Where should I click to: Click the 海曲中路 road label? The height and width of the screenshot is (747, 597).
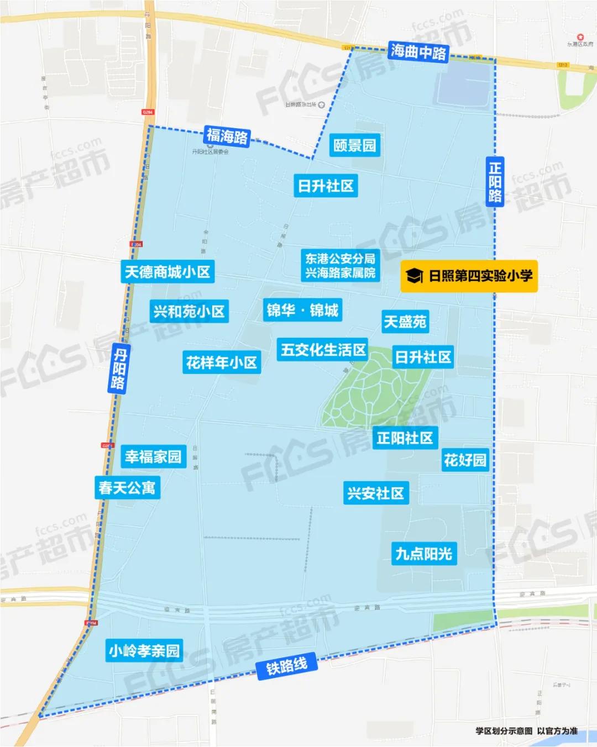418,52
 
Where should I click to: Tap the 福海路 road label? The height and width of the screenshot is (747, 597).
227,135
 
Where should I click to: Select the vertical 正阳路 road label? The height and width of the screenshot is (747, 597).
495,182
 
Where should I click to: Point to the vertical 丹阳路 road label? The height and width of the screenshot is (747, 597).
118,369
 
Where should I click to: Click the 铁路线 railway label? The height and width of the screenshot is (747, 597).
286,666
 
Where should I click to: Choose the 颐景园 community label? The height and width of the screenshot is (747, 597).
355,145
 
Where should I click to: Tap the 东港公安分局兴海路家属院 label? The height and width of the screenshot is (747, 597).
340,266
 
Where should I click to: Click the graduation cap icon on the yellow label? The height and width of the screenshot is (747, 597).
414,276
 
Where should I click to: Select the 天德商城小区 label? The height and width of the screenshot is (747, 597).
167,272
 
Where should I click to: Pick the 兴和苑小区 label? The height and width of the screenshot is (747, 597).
189,312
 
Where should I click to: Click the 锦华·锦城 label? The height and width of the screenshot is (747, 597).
302,310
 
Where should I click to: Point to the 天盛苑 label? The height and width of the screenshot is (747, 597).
405,322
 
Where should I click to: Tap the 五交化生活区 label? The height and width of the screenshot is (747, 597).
323,350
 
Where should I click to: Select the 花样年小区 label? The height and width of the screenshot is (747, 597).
221,363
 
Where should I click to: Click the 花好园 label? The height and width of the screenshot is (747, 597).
465,460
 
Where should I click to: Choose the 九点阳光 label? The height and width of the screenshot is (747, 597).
424,554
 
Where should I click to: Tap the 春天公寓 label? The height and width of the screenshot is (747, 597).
127,488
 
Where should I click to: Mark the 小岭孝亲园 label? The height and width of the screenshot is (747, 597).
144,651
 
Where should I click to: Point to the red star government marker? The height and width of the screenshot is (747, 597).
580,38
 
